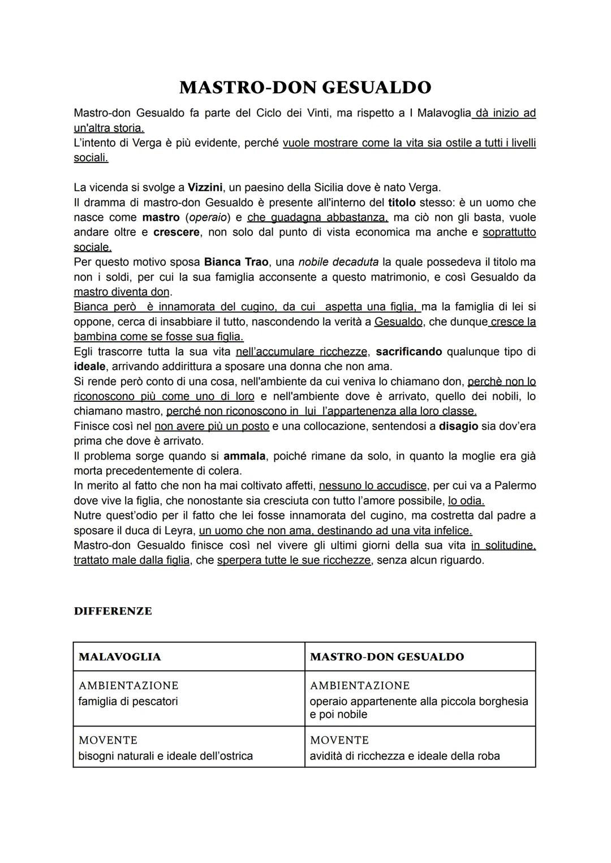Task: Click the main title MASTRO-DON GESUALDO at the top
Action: (305, 88)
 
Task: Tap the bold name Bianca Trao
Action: (236, 262)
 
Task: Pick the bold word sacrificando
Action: (408, 351)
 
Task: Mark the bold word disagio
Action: (458, 426)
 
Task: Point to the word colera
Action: (225, 470)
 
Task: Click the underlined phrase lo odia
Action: (466, 500)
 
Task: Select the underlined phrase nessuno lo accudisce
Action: (373, 486)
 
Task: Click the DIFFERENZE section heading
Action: (113, 611)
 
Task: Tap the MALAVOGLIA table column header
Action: (119, 657)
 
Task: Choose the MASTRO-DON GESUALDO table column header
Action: (386, 657)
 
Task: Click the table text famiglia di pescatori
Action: (128, 701)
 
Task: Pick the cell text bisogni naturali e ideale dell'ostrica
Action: (165, 755)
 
